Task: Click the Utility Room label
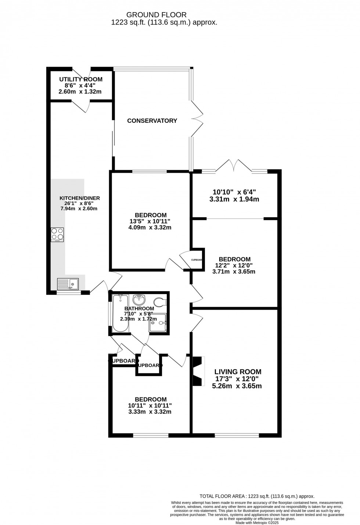(81, 79)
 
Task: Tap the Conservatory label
(152, 121)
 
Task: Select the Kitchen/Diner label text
(80, 198)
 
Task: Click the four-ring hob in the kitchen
(57, 235)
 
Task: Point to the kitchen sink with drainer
(68, 284)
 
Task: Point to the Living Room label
(238, 372)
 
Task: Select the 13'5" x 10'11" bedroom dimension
(151, 221)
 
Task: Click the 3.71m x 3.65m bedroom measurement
(234, 272)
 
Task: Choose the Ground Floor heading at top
(156, 15)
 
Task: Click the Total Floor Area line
(257, 496)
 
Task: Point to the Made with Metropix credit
(257, 522)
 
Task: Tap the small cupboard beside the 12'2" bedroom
(197, 260)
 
